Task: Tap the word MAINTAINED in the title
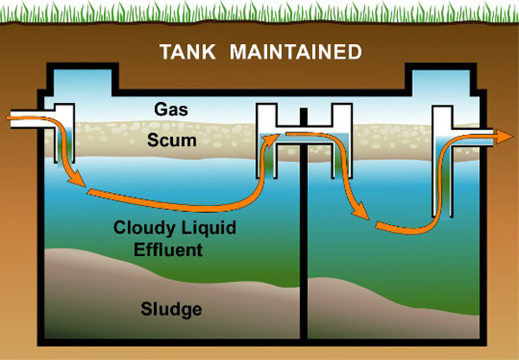pyautogui.click(x=295, y=52)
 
